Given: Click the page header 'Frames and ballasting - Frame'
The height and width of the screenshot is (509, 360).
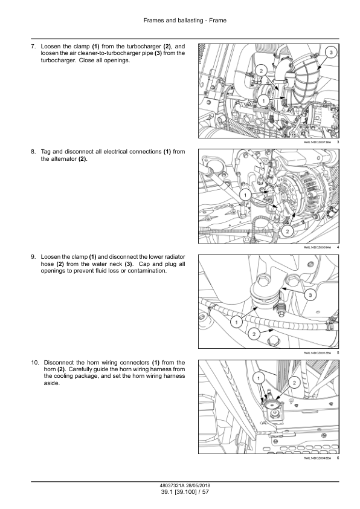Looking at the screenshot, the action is pyautogui.click(x=185, y=21).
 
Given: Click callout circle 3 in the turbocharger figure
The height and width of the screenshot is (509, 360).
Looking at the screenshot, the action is pyautogui.click(x=331, y=52).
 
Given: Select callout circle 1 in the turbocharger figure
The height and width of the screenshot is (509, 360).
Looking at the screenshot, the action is pyautogui.click(x=263, y=100).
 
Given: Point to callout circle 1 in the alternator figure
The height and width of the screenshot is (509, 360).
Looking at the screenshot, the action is pyautogui.click(x=245, y=195).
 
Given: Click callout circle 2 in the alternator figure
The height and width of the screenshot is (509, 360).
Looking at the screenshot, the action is pyautogui.click(x=288, y=231).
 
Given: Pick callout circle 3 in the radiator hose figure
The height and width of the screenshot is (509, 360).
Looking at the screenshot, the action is pyautogui.click(x=310, y=295).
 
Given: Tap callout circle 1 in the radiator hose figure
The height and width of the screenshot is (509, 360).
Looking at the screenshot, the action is pyautogui.click(x=236, y=322).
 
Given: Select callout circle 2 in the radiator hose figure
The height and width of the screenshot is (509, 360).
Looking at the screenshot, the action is pyautogui.click(x=254, y=334).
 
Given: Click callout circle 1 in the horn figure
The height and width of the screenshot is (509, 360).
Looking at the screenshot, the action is pyautogui.click(x=259, y=378).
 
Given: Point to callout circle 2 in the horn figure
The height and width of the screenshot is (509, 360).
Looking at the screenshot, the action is pyautogui.click(x=294, y=383).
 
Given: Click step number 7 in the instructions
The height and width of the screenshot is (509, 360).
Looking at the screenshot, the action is pyautogui.click(x=33, y=47).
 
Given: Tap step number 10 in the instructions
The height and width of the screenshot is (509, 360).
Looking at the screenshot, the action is pyautogui.click(x=34, y=363).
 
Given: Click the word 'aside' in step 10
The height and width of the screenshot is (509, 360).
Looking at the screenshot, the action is pyautogui.click(x=51, y=383).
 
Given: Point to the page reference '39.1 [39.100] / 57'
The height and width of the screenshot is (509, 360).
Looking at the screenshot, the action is pyautogui.click(x=185, y=492).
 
